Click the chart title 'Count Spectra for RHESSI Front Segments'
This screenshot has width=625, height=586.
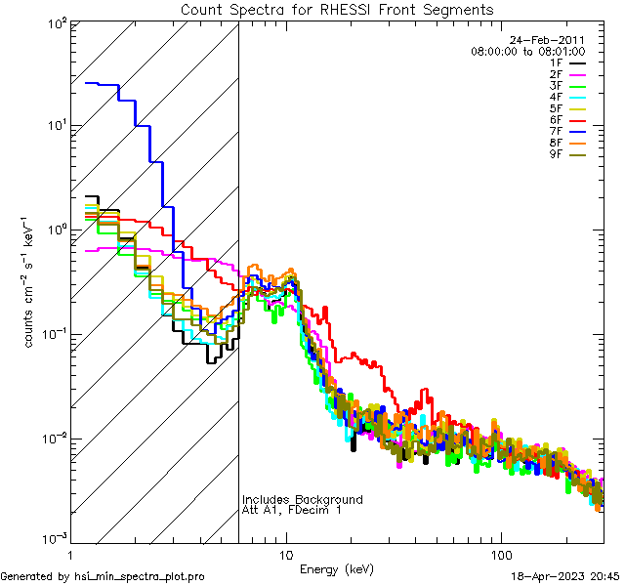point(337,10)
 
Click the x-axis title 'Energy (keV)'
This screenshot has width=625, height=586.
point(337,569)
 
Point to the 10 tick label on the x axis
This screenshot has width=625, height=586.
point(286,555)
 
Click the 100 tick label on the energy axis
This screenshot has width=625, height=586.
point(500,555)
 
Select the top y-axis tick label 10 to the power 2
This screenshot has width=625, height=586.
point(55,21)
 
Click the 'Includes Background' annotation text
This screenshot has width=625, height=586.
point(302,499)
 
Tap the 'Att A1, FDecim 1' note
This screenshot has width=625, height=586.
point(292,511)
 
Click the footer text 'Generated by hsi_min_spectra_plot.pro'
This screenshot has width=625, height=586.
point(103,576)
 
